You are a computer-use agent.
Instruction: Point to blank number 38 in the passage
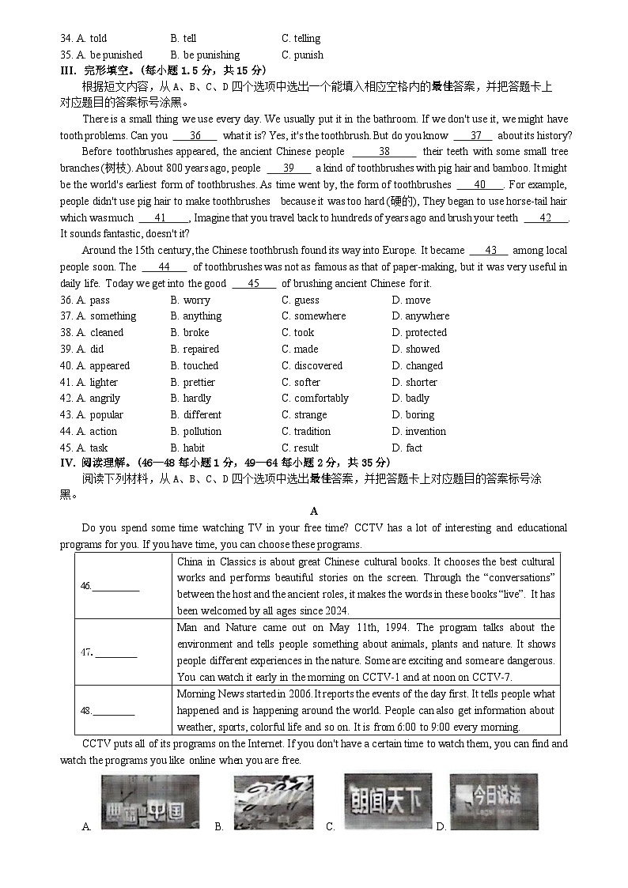(384, 152)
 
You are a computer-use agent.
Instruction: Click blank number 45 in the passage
(253, 284)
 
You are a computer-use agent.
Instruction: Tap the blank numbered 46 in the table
(116, 586)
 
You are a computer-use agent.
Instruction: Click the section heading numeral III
(66, 70)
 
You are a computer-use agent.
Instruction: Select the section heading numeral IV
(67, 463)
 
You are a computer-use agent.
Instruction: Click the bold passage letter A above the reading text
(314, 512)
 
